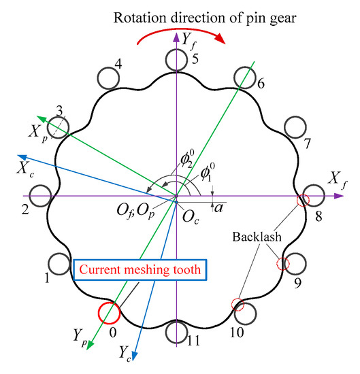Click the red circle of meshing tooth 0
tap(108, 313)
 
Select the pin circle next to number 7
tap(294, 127)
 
